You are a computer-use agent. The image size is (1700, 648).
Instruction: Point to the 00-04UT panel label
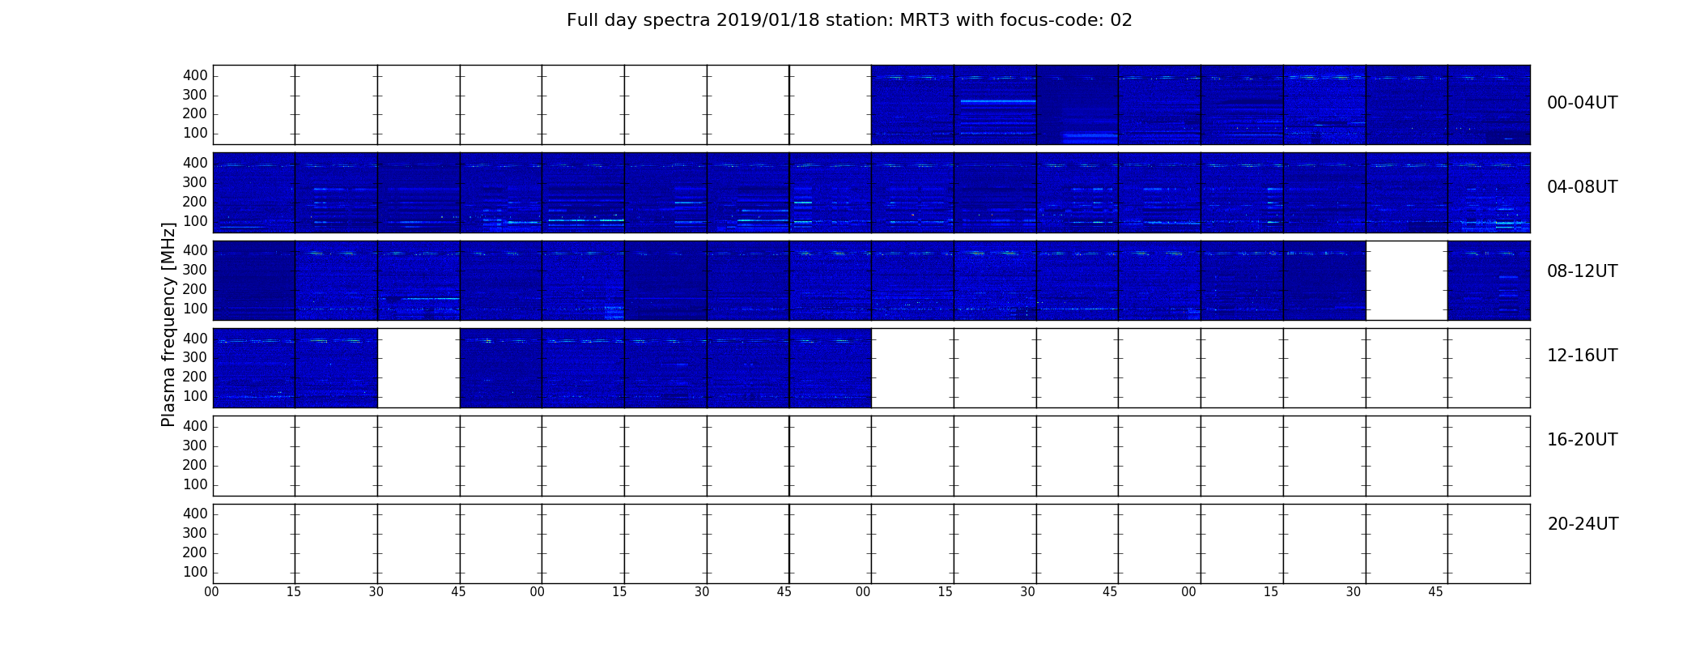tap(1583, 103)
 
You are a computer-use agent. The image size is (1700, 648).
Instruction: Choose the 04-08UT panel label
tap(1583, 187)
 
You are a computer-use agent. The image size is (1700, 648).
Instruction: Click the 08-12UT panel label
tap(1583, 271)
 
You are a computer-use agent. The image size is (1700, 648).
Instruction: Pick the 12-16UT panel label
tap(1583, 356)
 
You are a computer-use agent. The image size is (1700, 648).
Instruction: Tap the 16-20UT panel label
tap(1583, 440)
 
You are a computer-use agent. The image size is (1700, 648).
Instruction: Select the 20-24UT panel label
tap(1583, 524)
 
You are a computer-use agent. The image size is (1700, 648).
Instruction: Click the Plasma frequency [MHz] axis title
tap(168, 324)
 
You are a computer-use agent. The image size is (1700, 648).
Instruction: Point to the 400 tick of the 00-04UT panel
tap(195, 75)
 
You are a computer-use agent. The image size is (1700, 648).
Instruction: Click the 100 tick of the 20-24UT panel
tap(195, 572)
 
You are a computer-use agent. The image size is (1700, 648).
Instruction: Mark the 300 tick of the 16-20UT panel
tap(195, 446)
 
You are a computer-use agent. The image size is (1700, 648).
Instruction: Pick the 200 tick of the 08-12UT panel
tap(195, 289)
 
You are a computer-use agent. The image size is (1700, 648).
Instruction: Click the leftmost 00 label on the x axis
tap(212, 592)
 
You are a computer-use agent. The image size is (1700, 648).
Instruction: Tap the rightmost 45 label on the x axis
tap(1435, 592)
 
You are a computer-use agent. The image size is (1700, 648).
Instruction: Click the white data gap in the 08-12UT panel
tap(1407, 280)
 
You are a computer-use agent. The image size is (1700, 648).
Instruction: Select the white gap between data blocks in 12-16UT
tap(419, 368)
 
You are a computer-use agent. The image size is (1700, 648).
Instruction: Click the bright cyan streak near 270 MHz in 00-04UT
tap(997, 101)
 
